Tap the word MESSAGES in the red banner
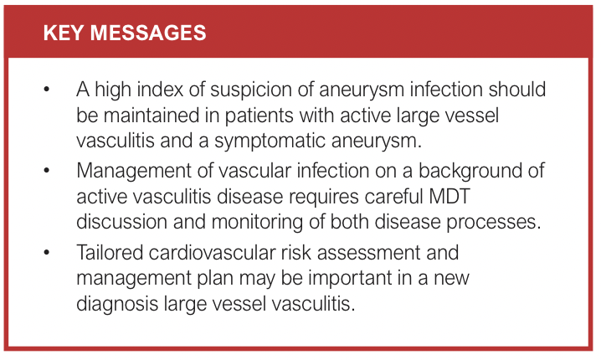point(148,33)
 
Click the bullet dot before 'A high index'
point(47,90)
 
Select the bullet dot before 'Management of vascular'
point(47,170)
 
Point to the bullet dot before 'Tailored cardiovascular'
point(47,252)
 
